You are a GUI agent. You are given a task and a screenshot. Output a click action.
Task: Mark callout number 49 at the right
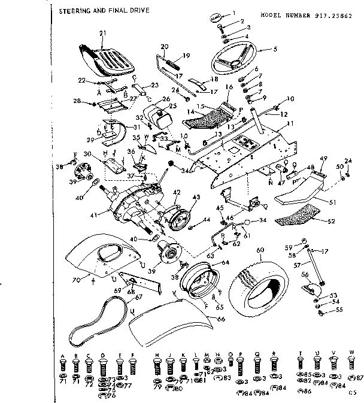[x=324, y=158]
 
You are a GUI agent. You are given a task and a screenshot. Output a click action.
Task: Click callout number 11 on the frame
[x=290, y=123]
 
